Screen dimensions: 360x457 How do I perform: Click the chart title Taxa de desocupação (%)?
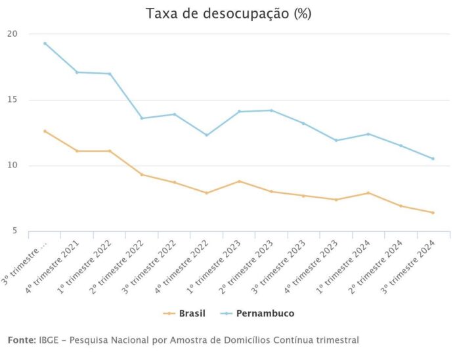[x=229, y=14]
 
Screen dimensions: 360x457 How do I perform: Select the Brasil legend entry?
[x=190, y=313]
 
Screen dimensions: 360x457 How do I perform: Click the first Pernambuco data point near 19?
[x=45, y=43]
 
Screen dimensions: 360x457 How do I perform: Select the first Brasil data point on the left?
[x=45, y=131]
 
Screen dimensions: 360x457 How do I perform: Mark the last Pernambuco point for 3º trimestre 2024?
[x=433, y=158]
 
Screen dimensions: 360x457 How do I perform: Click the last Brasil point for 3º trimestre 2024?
[x=433, y=212]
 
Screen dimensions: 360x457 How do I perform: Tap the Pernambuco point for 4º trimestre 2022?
[x=206, y=135]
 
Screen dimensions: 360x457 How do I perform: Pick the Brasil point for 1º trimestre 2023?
[x=239, y=181]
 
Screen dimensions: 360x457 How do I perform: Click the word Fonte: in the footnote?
[x=20, y=340]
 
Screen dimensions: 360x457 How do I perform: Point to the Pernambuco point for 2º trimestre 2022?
[x=142, y=118]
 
